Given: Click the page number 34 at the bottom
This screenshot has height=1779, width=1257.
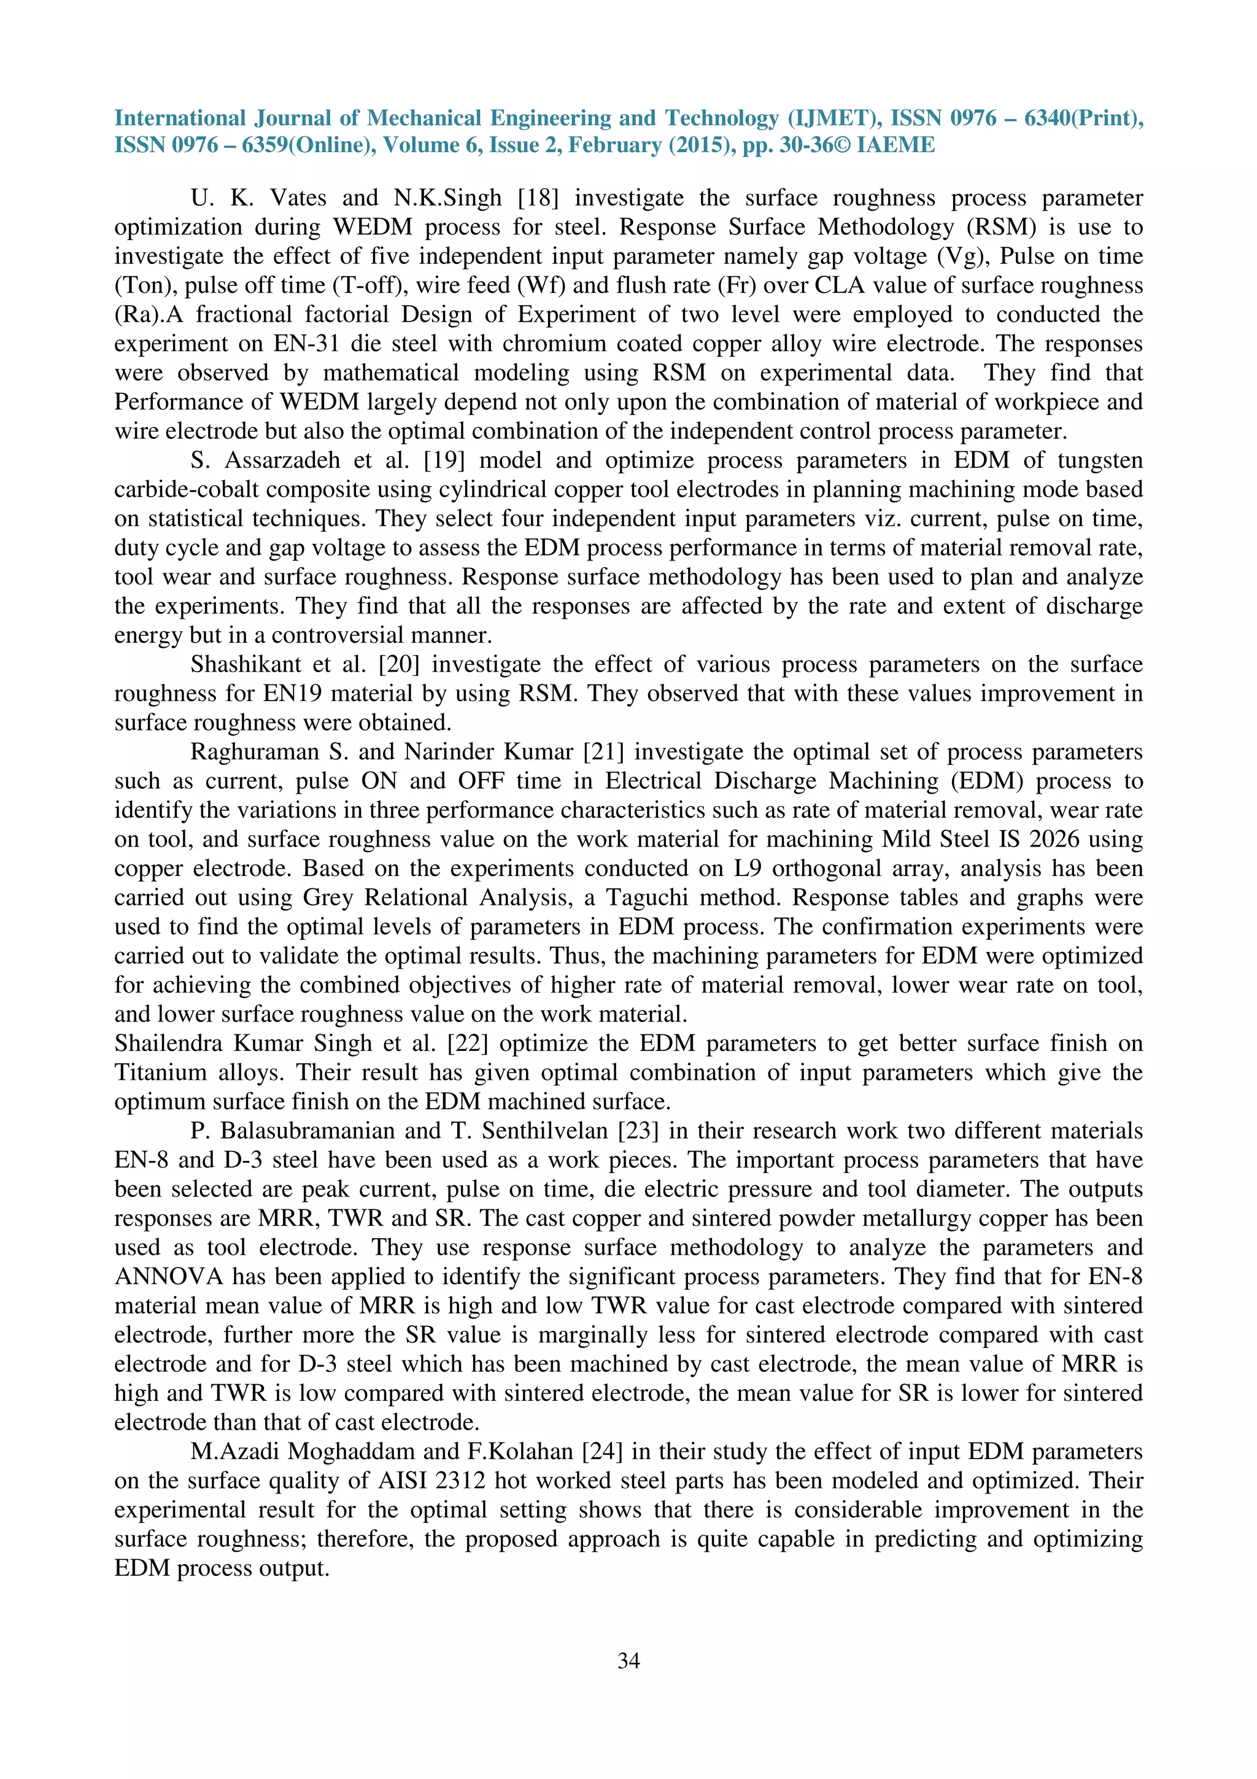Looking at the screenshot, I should pyautogui.click(x=628, y=1660).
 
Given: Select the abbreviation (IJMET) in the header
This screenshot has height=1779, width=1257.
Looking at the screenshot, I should pyautogui.click(x=832, y=118).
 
